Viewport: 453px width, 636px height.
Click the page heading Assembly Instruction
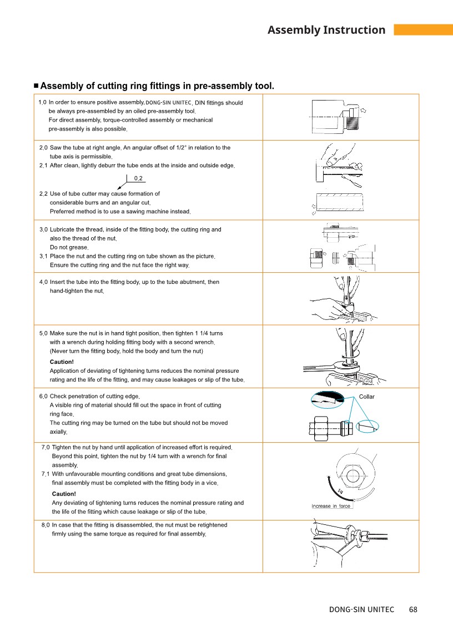(326, 30)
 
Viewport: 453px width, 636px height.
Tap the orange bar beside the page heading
(424, 29)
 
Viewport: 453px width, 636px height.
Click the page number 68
(413, 609)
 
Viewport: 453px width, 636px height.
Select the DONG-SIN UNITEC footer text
(361, 609)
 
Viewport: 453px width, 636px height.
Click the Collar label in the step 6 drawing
(366, 397)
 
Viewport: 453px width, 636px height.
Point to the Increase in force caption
(330, 506)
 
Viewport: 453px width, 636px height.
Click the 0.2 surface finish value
(138, 178)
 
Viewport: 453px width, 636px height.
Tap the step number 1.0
(42, 102)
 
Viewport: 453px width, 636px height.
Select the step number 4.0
(43, 282)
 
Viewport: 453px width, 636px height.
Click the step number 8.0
(46, 525)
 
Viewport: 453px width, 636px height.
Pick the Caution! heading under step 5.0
(62, 362)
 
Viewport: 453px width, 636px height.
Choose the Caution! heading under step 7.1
(64, 494)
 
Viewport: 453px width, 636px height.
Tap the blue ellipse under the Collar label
(368, 426)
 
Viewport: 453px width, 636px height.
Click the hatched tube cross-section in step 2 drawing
(340, 202)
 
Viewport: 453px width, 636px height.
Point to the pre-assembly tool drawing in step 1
(336, 117)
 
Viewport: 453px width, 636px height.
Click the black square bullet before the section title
(36, 86)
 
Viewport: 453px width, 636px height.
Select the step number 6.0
(43, 396)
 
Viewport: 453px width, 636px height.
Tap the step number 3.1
(43, 257)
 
